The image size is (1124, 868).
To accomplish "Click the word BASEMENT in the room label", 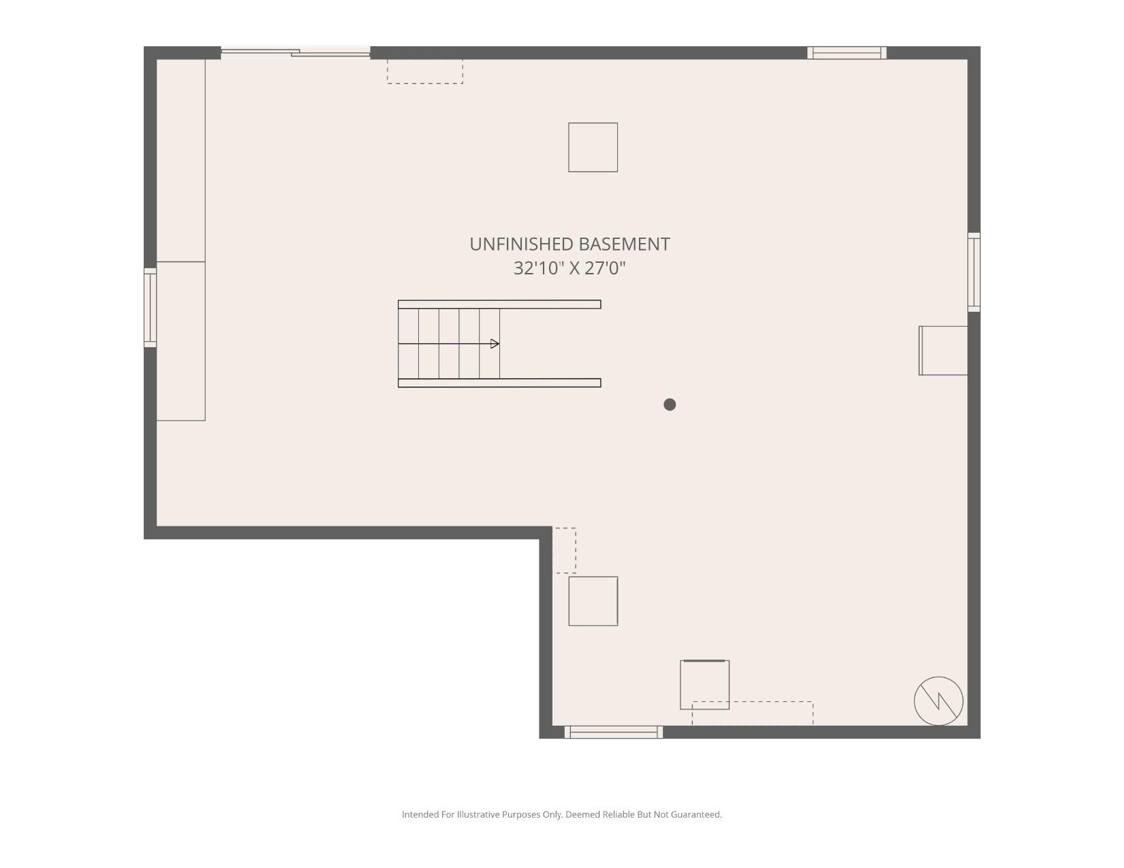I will tap(622, 244).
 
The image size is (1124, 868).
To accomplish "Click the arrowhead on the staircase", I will tap(495, 344).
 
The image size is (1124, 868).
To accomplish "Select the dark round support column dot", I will tap(670, 404).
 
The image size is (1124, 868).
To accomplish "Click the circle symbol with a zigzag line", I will tap(938, 701).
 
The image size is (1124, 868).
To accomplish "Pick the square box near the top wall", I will tap(593, 147).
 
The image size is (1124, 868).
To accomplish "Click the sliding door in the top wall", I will tap(296, 52).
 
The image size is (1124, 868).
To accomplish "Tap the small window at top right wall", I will tap(847, 52).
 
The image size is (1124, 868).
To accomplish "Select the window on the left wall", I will tap(150, 308).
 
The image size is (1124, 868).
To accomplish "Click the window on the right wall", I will tap(974, 272).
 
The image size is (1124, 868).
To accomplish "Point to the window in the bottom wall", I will tap(613, 732).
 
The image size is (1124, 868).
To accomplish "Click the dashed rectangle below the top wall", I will tap(425, 71).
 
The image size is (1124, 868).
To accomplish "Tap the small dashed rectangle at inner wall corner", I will tap(564, 550).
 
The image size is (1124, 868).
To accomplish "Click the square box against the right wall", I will tap(943, 351).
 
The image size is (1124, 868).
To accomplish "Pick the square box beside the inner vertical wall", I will tap(593, 601).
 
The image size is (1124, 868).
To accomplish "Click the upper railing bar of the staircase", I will tap(499, 304).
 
